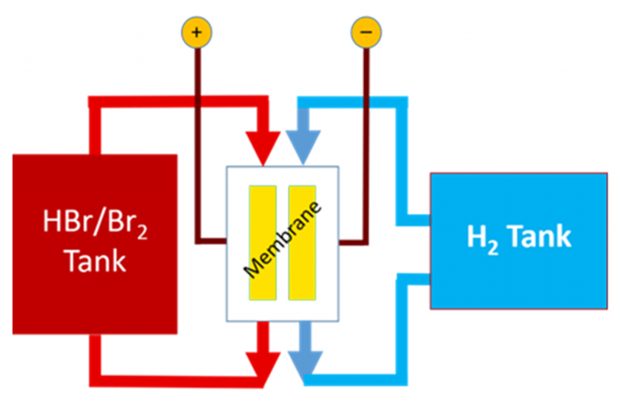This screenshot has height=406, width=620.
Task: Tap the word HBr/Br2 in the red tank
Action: click(x=90, y=223)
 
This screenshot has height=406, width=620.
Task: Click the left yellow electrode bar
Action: click(x=262, y=242)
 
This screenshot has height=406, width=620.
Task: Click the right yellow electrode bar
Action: click(x=302, y=242)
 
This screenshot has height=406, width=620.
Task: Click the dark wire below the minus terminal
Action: click(x=366, y=142)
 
